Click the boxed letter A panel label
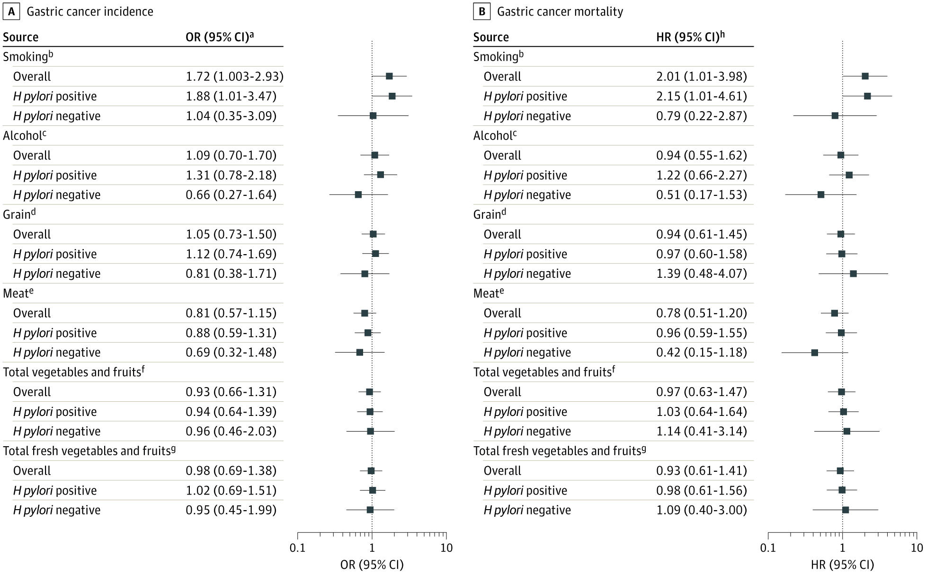click(11, 12)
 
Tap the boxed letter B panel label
click(481, 12)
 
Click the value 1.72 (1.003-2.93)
click(234, 77)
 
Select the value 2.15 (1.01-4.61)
click(701, 97)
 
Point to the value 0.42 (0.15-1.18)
click(701, 353)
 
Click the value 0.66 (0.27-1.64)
click(231, 195)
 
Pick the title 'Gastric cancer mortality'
click(560, 12)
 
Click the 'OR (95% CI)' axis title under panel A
click(372, 565)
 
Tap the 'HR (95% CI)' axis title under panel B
click(842, 565)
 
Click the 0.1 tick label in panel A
click(297, 548)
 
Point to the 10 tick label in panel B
click(917, 548)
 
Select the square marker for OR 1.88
click(392, 96)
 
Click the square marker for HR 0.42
click(814, 353)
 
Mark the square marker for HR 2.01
click(865, 76)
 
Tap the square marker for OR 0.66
click(358, 194)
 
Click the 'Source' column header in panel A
click(21, 37)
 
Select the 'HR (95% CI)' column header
click(690, 37)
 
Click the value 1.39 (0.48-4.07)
click(701, 274)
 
